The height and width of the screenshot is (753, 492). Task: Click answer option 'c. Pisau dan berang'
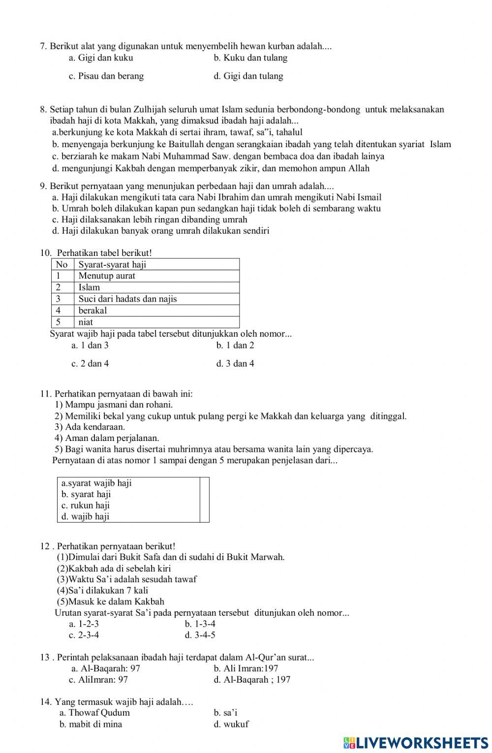click(106, 76)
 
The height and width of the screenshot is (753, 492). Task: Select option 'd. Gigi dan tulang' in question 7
click(248, 76)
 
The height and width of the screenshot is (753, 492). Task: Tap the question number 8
click(43, 110)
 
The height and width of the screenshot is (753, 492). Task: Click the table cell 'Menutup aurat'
click(107, 276)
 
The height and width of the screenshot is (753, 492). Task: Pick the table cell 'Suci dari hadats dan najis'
click(127, 299)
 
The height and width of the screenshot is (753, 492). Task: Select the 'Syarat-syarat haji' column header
click(112, 265)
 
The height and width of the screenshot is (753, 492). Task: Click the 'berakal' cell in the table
click(92, 311)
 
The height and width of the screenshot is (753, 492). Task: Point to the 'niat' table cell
click(86, 322)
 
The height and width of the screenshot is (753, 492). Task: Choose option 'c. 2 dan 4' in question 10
click(90, 364)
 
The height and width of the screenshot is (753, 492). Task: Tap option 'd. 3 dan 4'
click(235, 364)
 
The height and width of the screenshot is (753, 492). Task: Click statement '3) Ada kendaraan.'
click(90, 427)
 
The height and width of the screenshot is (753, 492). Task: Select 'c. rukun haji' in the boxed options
click(86, 505)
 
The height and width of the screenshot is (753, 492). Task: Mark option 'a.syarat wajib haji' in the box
click(96, 483)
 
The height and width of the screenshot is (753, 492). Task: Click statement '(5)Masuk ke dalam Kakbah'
click(111, 601)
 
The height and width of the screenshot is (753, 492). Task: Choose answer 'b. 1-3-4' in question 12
click(200, 624)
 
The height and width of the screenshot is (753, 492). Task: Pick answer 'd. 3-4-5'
click(200, 635)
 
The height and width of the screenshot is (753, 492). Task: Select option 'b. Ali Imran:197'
click(246, 668)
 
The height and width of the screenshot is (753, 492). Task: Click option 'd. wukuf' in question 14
click(231, 724)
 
